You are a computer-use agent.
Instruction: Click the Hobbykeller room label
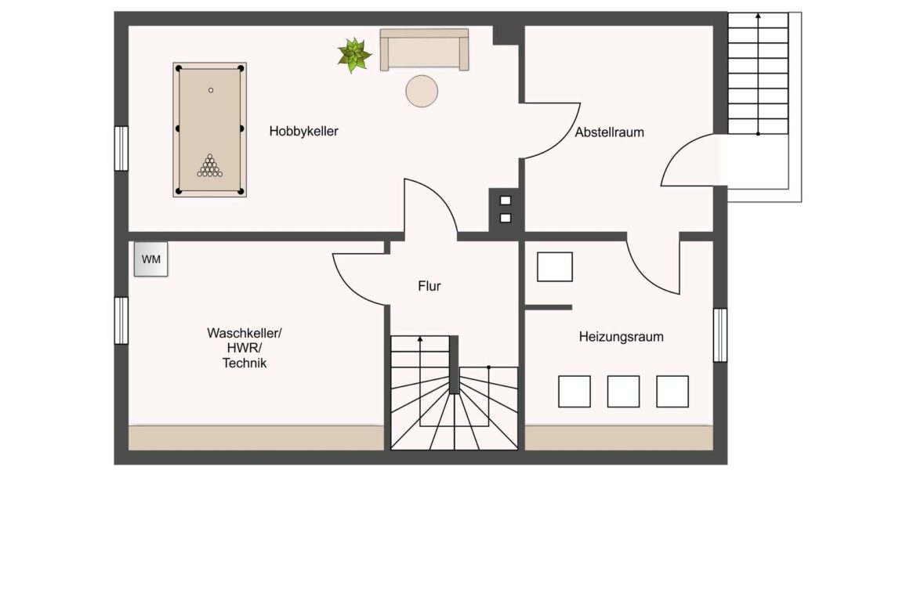303,132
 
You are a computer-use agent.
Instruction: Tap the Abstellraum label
610,132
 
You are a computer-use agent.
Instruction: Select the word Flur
430,286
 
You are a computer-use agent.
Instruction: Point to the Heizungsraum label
621,337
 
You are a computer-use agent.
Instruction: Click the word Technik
245,363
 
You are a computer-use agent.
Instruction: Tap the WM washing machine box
151,259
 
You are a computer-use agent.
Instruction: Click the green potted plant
353,56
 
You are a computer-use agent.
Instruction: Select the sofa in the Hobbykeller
425,49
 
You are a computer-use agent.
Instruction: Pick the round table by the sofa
422,91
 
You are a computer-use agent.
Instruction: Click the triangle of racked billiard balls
209,165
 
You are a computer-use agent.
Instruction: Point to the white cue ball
211,90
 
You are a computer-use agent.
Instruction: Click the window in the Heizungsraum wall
720,335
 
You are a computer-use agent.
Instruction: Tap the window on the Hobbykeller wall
121,149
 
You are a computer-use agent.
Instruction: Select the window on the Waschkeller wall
121,320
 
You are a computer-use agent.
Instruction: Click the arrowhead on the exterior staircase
758,16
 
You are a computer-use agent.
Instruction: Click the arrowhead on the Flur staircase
419,339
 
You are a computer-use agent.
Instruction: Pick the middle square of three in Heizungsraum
623,391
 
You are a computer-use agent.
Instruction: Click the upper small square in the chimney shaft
506,201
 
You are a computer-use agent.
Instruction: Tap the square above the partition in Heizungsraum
554,266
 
